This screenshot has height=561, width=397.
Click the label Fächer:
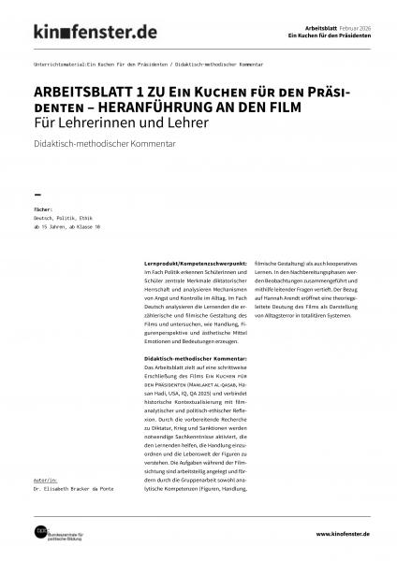(x=44, y=210)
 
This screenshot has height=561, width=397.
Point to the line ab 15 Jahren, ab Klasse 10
(x=66, y=227)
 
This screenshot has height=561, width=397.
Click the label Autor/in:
(x=46, y=477)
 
